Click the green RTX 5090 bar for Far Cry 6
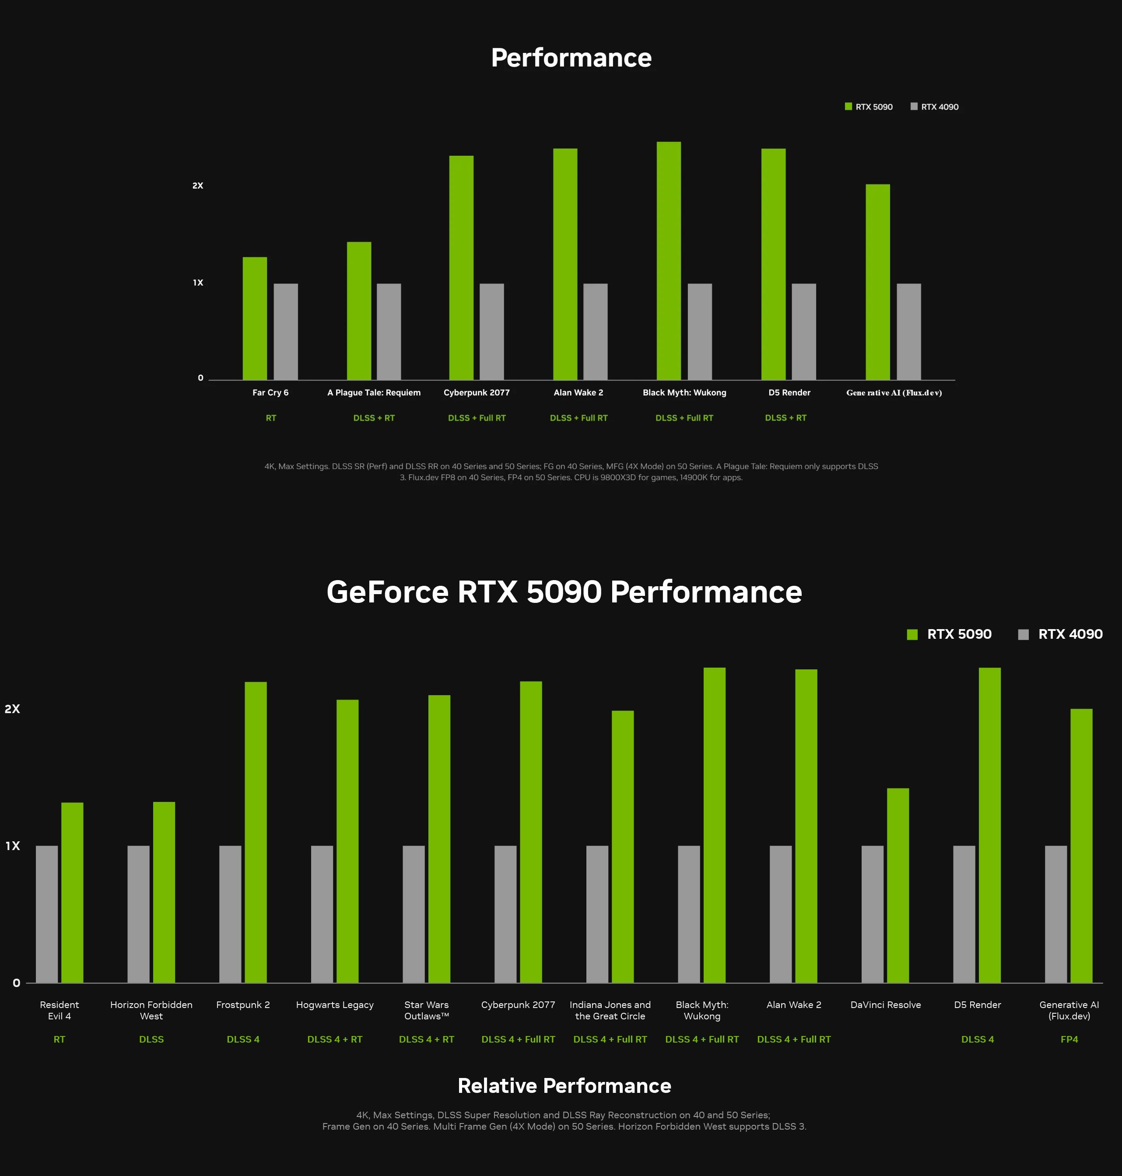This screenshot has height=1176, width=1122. coord(255,318)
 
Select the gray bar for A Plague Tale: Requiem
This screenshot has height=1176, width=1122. coord(389,331)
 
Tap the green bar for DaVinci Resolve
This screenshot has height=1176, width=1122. coord(898,885)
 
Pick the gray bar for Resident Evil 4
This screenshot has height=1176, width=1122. coord(47,913)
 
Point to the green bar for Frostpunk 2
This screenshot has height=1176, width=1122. coord(256,832)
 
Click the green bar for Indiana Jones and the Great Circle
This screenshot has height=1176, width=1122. coord(623,846)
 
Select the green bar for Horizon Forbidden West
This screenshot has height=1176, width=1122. coord(164,892)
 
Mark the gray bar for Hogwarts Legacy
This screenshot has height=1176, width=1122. coord(322,913)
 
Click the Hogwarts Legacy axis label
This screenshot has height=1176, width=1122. coord(334,1004)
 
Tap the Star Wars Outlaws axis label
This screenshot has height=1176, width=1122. coord(426,1010)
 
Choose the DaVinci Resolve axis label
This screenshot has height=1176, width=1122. coord(885,1004)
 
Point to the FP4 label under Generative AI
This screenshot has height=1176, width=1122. coord(1069,1039)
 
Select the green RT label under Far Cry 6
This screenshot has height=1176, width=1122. coord(271,418)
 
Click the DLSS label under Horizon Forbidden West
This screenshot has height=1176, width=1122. coord(151,1039)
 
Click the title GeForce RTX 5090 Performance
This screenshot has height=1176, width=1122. coord(564,592)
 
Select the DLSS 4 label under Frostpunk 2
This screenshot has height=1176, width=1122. coord(243,1039)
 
